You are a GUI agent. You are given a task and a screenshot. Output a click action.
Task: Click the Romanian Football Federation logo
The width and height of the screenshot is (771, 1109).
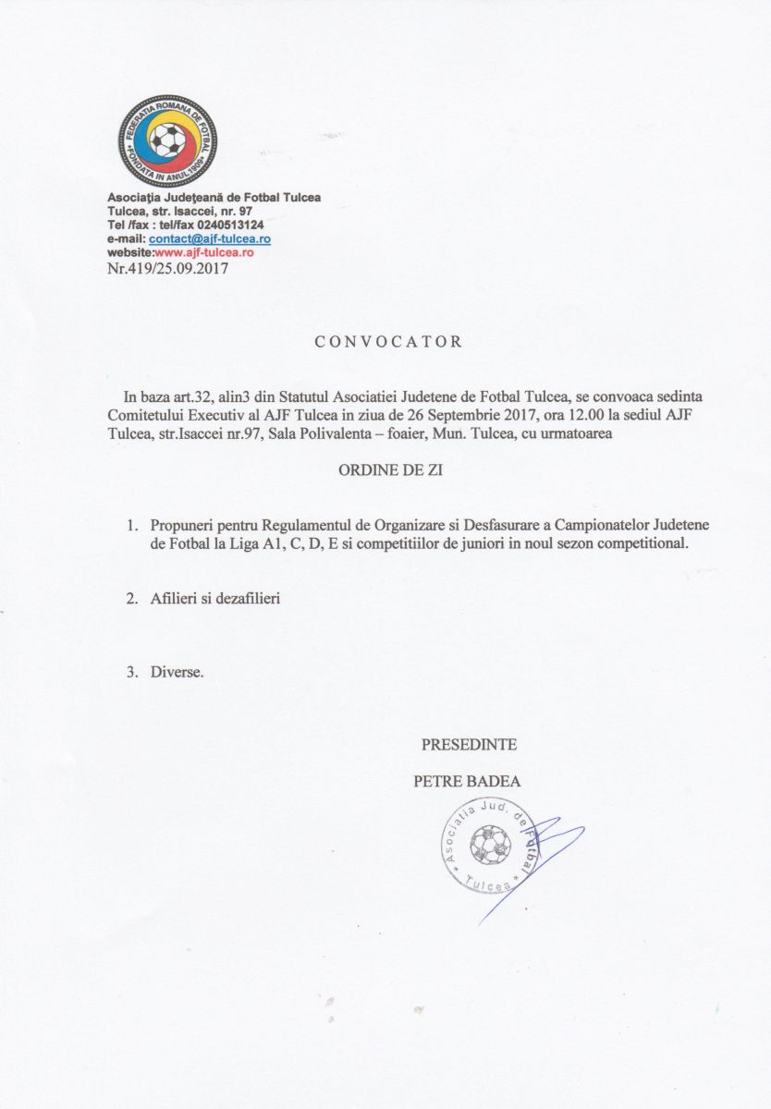tap(167, 141)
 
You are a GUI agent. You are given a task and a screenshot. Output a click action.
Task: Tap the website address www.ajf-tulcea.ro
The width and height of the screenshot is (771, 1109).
tap(200, 251)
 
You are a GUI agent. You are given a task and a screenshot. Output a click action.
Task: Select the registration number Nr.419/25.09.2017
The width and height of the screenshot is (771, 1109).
tap(167, 269)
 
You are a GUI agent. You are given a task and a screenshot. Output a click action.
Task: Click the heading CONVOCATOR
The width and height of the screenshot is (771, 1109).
tap(388, 341)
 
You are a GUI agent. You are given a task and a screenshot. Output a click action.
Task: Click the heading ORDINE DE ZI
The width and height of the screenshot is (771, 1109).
tap(390, 469)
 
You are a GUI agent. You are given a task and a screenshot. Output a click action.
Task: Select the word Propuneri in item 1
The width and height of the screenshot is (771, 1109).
tap(180, 526)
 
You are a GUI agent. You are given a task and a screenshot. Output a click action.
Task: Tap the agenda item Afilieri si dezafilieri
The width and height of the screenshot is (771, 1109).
tap(214, 599)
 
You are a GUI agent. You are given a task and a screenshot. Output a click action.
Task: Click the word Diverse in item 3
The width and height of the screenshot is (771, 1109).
tap(177, 672)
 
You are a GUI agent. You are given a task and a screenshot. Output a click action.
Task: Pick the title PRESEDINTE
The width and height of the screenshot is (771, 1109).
tap(469, 745)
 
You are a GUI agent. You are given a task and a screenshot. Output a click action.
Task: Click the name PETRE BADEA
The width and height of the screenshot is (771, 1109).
tap(467, 781)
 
